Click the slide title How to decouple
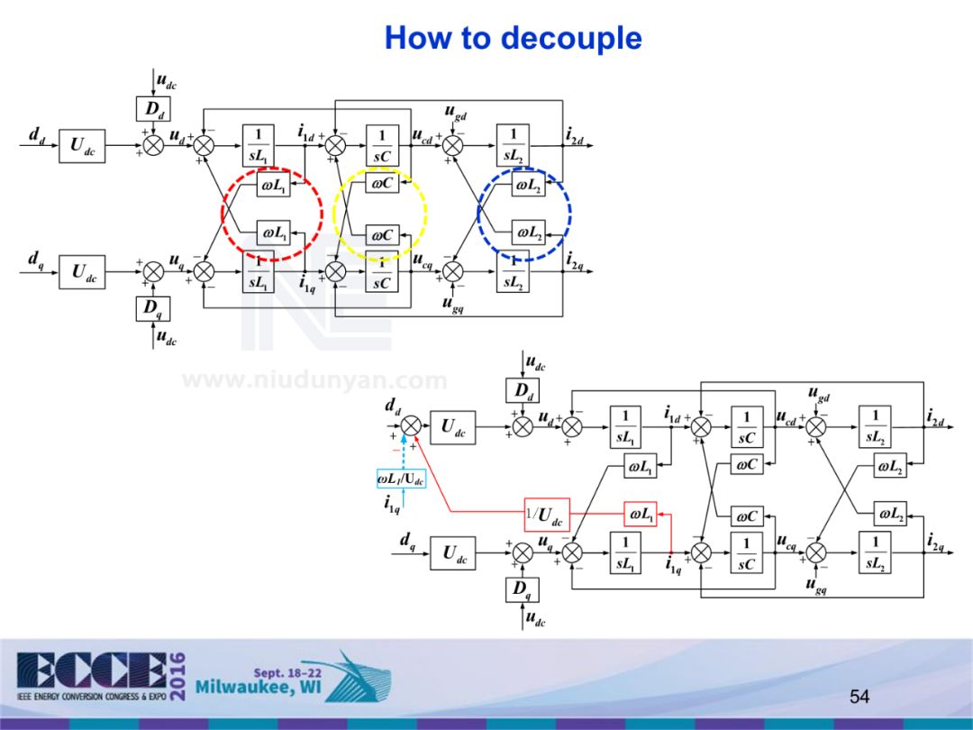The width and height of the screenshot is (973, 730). [513, 39]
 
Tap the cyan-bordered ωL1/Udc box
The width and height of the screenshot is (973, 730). [401, 479]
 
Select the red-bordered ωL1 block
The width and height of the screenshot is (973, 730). [640, 514]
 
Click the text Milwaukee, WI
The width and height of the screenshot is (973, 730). [258, 689]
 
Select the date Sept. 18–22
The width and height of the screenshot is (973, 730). [287, 672]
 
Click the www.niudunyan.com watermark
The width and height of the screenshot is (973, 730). [314, 380]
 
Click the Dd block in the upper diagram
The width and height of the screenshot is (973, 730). [154, 110]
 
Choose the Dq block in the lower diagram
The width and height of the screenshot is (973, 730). [523, 590]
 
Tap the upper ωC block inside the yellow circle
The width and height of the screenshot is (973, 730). [382, 184]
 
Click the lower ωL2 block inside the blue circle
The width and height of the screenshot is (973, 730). [528, 233]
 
